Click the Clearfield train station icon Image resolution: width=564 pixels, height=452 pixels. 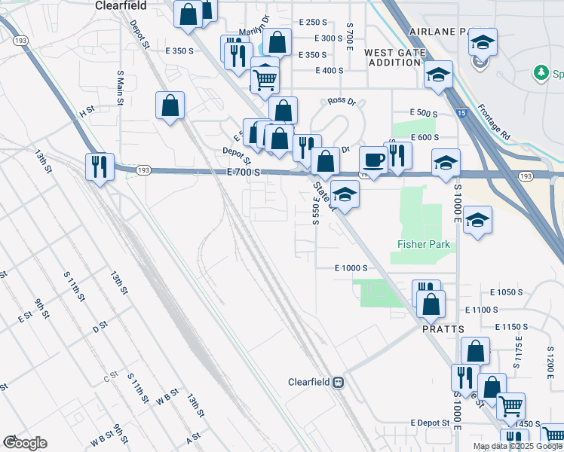tap(339, 382)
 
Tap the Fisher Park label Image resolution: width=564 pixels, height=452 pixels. tap(424, 244)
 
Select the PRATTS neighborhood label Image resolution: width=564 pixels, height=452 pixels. tap(443, 328)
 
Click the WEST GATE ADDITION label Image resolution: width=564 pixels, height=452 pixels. tap(392, 57)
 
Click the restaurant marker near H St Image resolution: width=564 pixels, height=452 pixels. tap(99, 166)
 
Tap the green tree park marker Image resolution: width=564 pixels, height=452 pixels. tap(540, 72)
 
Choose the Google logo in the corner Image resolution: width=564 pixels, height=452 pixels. tap(25, 442)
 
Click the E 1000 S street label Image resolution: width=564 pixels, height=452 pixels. tap(351, 268)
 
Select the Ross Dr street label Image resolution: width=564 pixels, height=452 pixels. tap(342, 101)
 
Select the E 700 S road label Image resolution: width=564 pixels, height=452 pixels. tap(244, 173)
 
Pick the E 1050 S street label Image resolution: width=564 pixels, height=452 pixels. tap(507, 292)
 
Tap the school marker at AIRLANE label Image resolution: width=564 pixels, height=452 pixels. tap(483, 41)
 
